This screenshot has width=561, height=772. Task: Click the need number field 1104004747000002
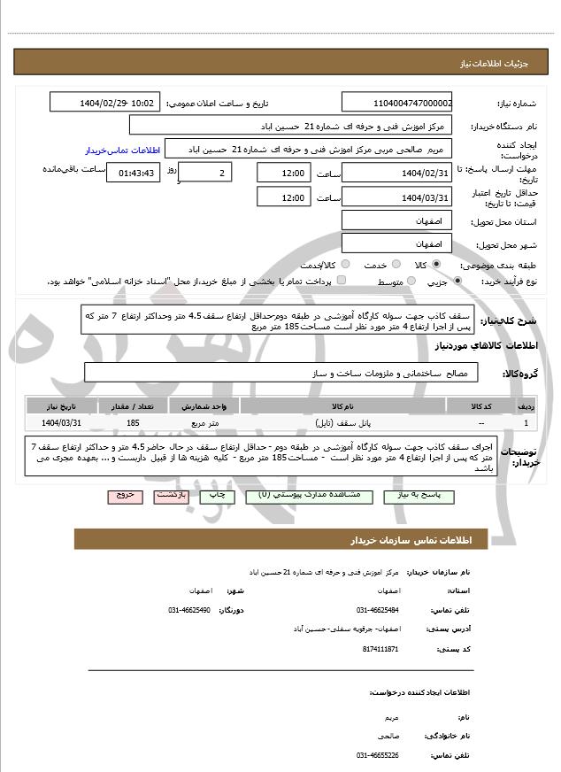(x=396, y=103)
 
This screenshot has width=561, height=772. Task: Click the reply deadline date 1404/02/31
(x=396, y=172)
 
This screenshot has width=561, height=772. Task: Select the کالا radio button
(x=436, y=265)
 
